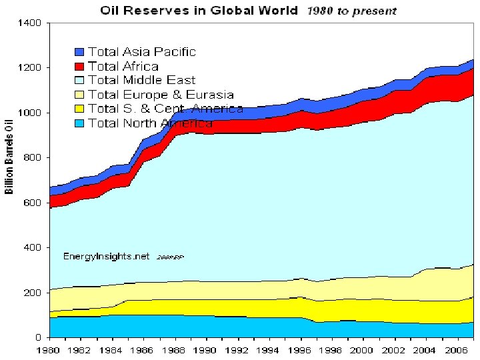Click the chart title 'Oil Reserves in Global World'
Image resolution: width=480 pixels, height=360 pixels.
(199, 11)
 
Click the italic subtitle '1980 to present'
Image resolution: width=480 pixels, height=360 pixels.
(351, 11)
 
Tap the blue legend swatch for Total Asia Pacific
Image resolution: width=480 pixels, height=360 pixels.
(79, 51)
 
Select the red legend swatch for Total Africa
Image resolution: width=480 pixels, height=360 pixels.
(79, 66)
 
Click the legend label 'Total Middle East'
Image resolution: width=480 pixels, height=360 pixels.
(141, 81)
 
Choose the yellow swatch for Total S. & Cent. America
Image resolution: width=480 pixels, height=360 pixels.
(79, 109)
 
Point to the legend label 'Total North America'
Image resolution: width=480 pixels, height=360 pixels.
(150, 123)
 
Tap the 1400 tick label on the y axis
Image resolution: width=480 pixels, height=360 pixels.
(31, 23)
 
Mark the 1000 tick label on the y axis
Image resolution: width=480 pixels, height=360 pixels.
(31, 113)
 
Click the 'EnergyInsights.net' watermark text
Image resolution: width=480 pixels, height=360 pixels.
(107, 256)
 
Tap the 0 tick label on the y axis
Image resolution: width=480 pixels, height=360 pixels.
(39, 338)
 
